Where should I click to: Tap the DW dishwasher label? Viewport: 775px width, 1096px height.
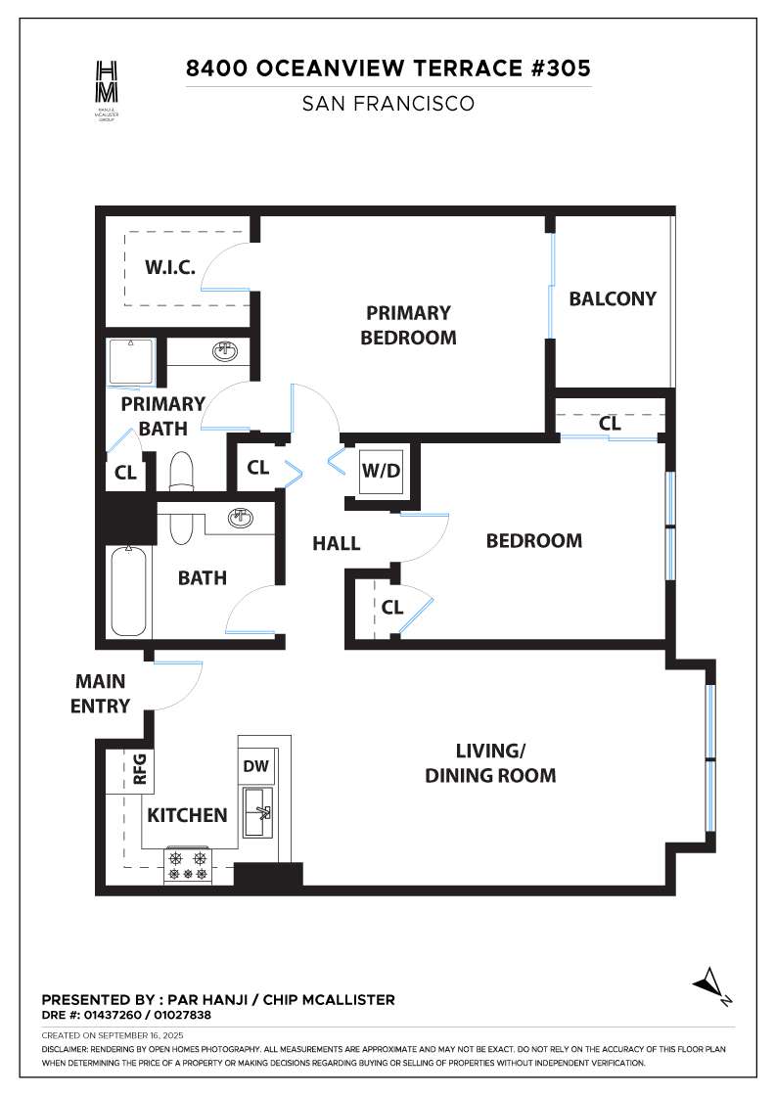256,766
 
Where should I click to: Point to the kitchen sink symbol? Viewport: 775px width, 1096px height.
258,812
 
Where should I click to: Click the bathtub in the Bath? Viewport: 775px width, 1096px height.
129,591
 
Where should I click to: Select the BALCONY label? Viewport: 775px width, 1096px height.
613,298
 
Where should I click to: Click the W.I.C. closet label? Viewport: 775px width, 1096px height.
171,267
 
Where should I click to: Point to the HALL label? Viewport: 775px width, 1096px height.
337,543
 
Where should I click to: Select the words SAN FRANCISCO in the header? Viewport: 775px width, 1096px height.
387,104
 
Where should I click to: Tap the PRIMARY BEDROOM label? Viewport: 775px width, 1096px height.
408,325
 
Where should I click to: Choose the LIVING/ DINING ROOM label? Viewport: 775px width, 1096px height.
490,763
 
